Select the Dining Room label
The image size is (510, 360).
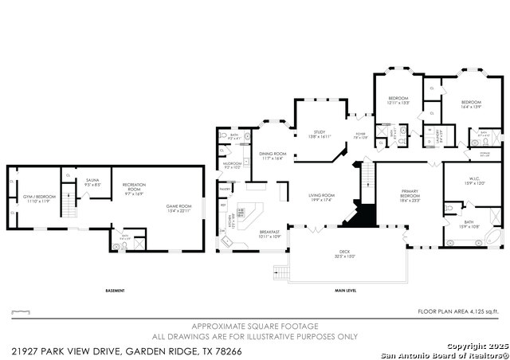pyautogui.click(x=272, y=156)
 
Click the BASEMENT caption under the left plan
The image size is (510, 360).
pyautogui.click(x=115, y=291)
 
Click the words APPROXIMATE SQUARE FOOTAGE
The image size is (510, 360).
pyautogui.click(x=255, y=327)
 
